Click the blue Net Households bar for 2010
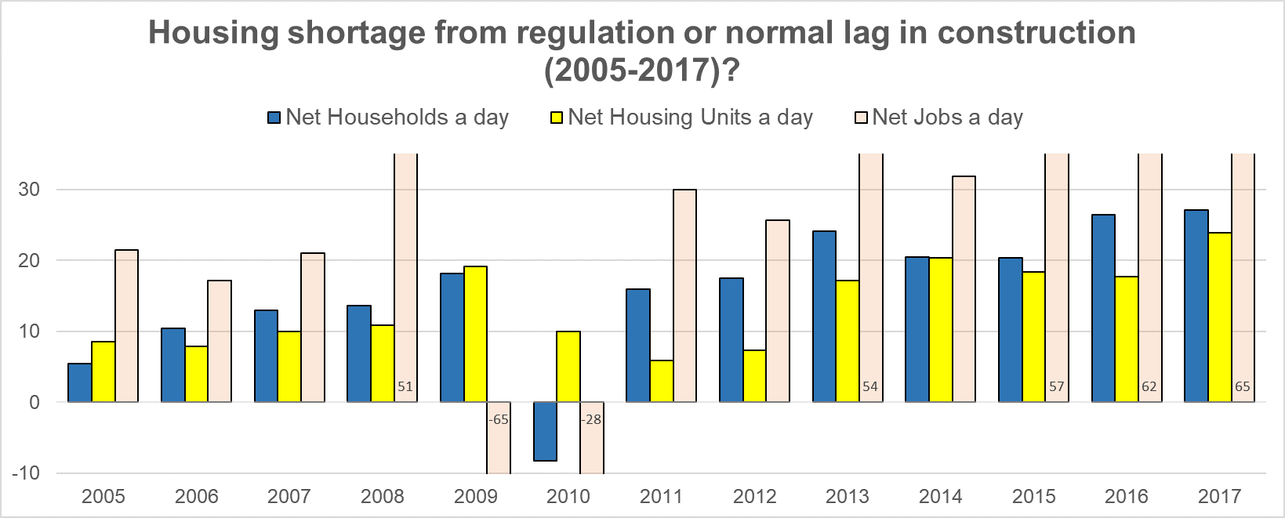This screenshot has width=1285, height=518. pos(545,431)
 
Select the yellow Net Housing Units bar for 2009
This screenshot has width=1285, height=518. pos(475,334)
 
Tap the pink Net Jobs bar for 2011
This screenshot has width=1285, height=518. pos(684,295)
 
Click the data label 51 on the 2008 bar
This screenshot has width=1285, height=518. pos(405,386)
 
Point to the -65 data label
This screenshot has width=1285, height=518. pos(499,419)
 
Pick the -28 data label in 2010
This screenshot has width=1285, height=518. pos(591,419)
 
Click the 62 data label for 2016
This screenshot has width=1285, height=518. pos(1149,386)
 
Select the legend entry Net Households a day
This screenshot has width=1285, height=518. pos(397,118)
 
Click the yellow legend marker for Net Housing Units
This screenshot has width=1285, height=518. pos(557,118)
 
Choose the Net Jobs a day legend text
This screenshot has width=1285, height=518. pos(947,118)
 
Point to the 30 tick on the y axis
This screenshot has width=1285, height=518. pos(29,190)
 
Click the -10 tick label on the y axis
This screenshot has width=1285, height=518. pos(25,473)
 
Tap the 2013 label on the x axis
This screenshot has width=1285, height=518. pos(848,496)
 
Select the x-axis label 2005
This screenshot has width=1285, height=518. pos(103,496)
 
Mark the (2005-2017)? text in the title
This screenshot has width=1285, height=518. pos(642,71)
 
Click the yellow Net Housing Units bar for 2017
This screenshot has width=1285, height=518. pos(1220,317)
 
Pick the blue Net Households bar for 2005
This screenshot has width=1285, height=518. pos(80,382)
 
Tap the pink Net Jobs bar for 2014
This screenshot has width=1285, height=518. pos(964,289)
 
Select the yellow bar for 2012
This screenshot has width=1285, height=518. pos(754,376)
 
